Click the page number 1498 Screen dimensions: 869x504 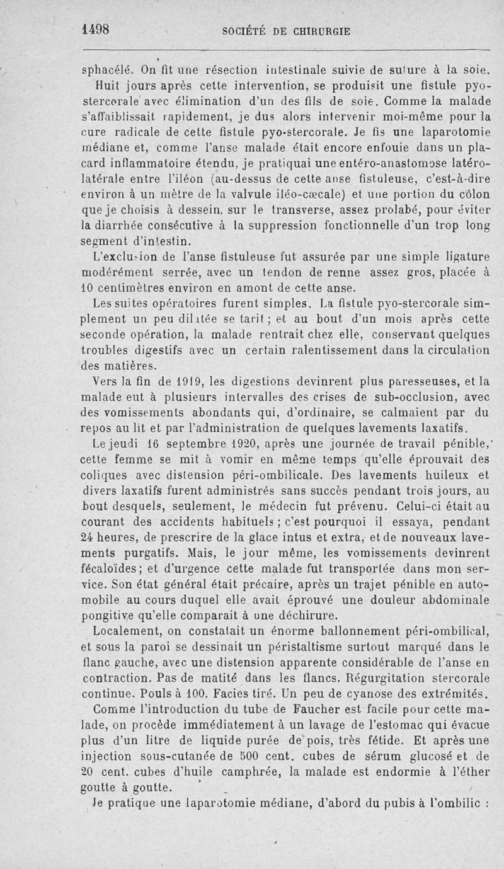coord(96,29)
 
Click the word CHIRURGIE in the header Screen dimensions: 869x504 coord(319,30)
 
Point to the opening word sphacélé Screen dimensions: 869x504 coord(107,71)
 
